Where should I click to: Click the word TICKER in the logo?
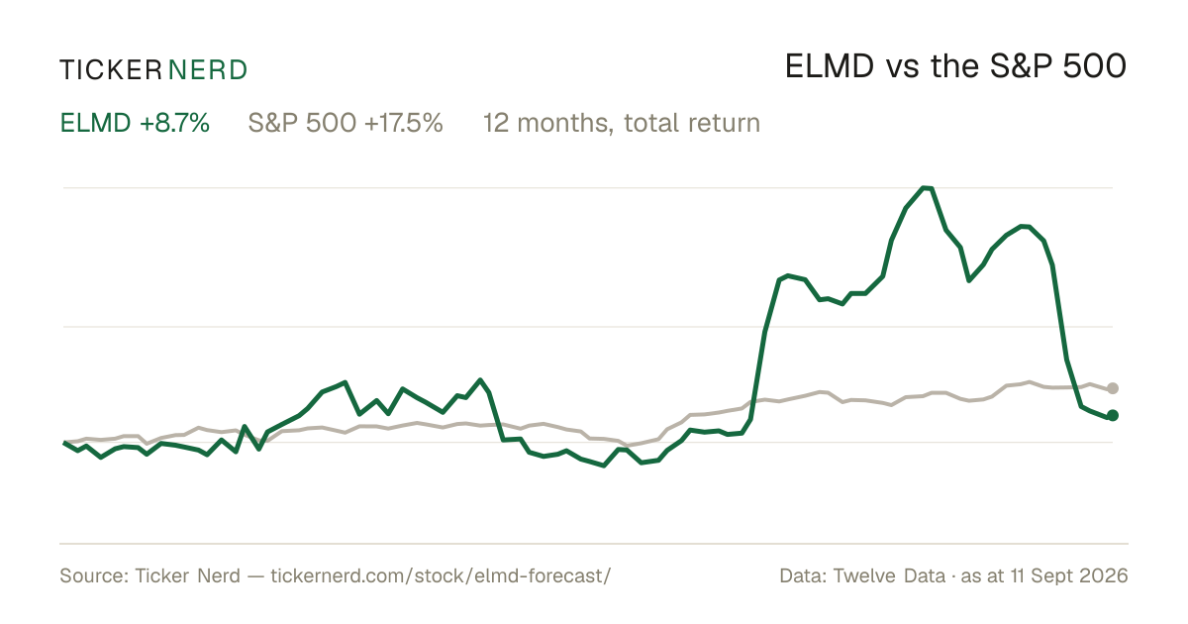click(x=111, y=70)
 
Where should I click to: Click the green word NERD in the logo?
click(x=208, y=70)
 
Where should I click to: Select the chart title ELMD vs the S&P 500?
click(x=955, y=66)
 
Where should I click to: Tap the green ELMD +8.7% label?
click(x=135, y=123)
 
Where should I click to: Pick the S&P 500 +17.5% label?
click(x=346, y=123)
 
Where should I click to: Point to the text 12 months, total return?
click(x=622, y=123)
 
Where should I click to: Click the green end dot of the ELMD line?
click(x=1113, y=415)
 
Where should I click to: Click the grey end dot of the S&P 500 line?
click(x=1113, y=388)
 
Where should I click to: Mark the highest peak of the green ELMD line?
click(x=927, y=187)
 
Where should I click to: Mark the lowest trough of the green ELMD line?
click(x=604, y=466)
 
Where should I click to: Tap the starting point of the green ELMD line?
click(x=64, y=442)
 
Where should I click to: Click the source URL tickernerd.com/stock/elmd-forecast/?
click(x=441, y=575)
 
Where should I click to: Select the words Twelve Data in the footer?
click(x=889, y=575)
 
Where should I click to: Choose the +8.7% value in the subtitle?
click(x=174, y=123)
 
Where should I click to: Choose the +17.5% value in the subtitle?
click(x=404, y=123)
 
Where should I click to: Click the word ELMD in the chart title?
click(x=830, y=66)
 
